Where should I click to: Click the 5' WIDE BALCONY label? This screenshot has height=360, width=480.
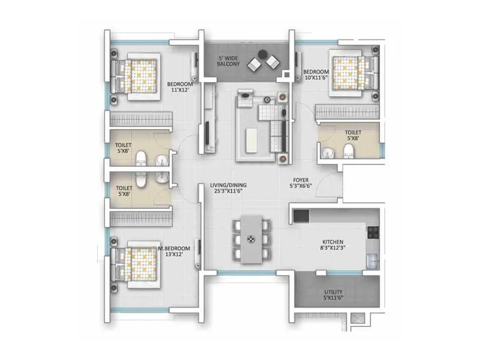click(229, 60)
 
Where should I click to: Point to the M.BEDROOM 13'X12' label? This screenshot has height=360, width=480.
click(175, 251)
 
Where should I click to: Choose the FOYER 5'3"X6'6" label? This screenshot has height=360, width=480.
click(301, 183)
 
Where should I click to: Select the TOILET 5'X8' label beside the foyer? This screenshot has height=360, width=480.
click(353, 136)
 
